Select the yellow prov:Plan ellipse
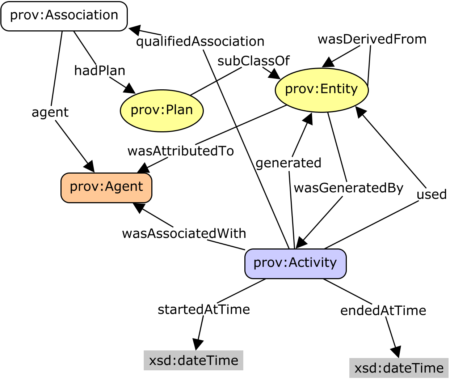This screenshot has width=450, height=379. tap(162, 110)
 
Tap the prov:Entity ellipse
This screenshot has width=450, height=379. tap(321, 90)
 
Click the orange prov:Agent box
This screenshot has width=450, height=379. tap(106, 187)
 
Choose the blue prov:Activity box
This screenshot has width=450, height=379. tap(295, 263)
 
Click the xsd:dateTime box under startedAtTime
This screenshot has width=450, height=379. tap(194, 360)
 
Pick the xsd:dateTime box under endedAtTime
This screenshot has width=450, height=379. tap(399, 368)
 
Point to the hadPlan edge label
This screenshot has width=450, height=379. tap(100, 71)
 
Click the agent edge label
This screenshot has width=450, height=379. tap(50, 112)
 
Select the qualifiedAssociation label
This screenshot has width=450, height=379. tap(200, 42)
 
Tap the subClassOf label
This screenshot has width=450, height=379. tap(253, 61)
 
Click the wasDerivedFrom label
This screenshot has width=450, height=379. tap(372, 39)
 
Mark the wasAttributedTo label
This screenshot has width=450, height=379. tap(181, 151)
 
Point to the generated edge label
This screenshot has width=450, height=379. tap(289, 163)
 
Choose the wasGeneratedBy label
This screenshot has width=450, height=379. tap(348, 188)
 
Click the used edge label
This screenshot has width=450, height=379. tap(432, 195)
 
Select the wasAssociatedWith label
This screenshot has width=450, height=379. tap(184, 234)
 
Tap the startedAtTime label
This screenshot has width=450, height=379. tap(204, 310)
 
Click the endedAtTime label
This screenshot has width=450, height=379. tap(383, 311)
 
